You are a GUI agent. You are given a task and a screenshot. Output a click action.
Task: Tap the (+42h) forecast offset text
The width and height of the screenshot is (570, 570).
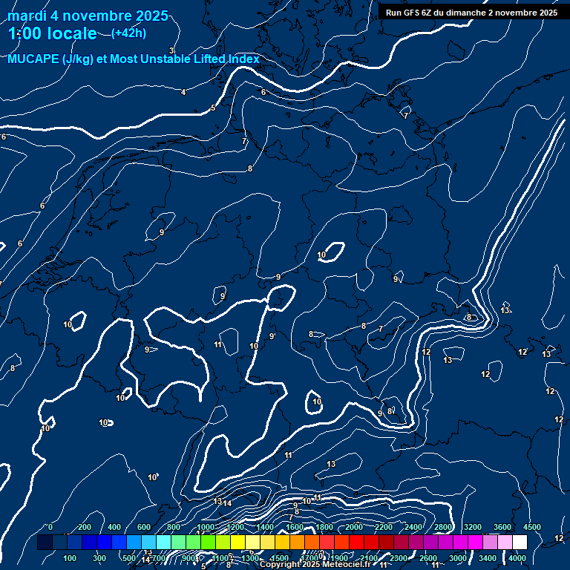pyautogui.click(x=128, y=33)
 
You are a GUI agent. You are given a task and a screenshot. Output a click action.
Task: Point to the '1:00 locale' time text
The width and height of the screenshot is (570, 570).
pyautogui.click(x=52, y=33)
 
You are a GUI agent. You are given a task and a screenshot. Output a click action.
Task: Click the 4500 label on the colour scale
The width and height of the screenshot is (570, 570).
pyautogui.click(x=531, y=527)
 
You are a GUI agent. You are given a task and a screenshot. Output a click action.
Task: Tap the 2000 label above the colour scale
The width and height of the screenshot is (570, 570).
pyautogui.click(x=353, y=527)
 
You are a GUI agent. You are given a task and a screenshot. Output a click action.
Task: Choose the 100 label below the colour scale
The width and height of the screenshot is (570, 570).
pyautogui.click(x=71, y=558)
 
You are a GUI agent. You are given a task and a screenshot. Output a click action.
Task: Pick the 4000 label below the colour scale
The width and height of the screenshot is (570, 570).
pyautogui.click(x=517, y=558)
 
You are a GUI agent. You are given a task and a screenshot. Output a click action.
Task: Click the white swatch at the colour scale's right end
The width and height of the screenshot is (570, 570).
pyautogui.click(x=520, y=543)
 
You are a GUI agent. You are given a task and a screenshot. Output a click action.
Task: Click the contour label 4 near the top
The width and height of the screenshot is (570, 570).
pyautogui.click(x=183, y=92)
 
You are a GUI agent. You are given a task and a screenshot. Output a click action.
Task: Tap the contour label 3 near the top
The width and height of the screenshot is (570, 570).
pyautogui.click(x=171, y=50)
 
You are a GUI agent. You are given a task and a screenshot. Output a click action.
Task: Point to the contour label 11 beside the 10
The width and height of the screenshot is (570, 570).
pyautogui.click(x=218, y=344)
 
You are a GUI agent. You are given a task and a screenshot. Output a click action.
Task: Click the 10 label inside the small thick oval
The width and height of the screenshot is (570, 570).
pyautogui.click(x=321, y=255)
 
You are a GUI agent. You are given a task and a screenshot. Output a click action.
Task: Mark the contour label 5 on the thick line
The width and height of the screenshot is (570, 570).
pyautogui.click(x=213, y=108)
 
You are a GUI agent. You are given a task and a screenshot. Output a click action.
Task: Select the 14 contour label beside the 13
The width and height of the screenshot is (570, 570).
pyautogui.click(x=228, y=503)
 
